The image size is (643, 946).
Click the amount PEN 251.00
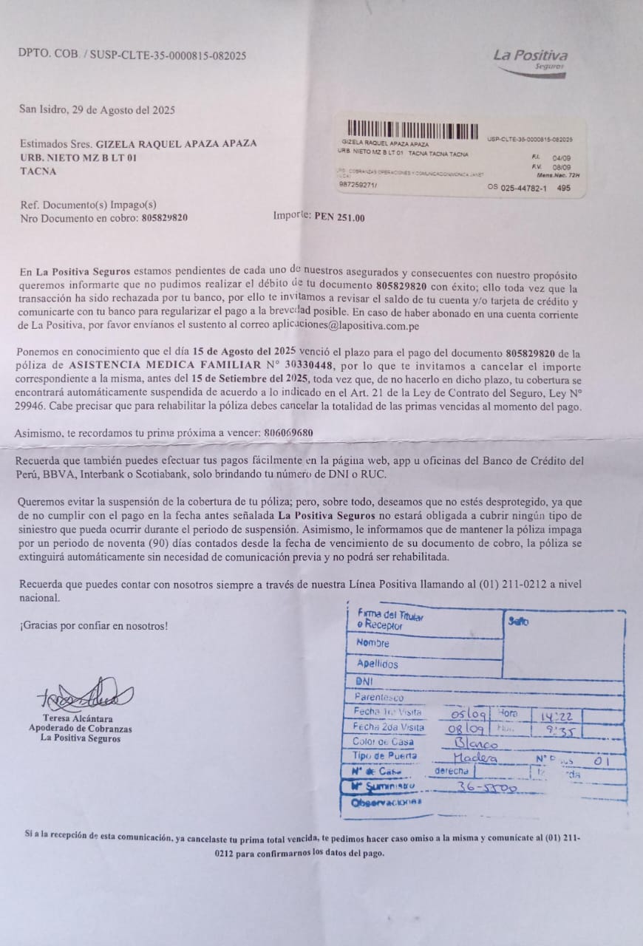point(338,218)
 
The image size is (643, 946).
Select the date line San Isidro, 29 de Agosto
point(97,110)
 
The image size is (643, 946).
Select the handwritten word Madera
point(475,758)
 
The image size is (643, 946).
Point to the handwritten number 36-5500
point(487,788)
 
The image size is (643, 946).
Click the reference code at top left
point(132,55)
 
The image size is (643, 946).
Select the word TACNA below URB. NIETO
point(38,171)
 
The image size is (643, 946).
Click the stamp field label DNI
point(364,681)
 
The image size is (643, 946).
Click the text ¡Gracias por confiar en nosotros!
point(94,626)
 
